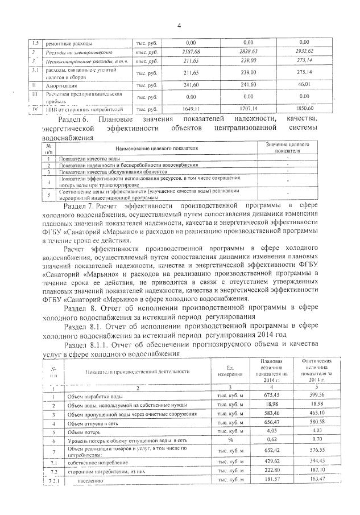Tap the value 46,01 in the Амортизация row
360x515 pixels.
(x=303, y=84)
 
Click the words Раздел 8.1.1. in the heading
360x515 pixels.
(x=87, y=344)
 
